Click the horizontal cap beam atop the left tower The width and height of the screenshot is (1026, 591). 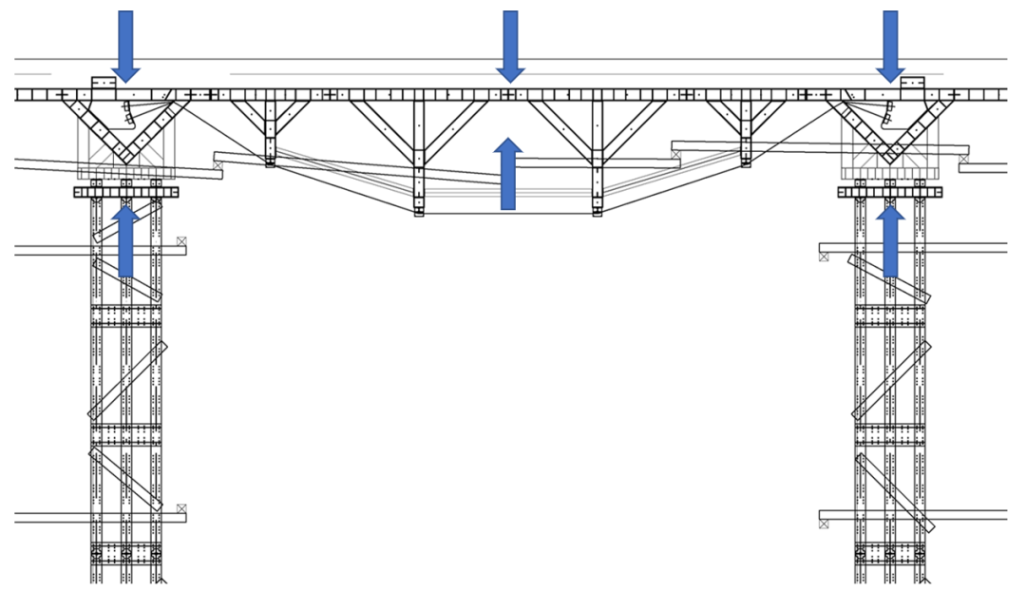point(125,192)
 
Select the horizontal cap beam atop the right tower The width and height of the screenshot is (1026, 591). point(890,192)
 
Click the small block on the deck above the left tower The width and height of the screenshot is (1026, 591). point(103,84)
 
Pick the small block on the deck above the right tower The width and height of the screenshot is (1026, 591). point(913,84)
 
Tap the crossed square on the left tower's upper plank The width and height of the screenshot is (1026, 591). point(181,242)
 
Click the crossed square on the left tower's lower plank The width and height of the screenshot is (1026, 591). point(181,509)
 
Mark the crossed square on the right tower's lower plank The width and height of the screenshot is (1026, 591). point(824,524)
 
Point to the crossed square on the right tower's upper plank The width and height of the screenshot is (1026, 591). point(824,257)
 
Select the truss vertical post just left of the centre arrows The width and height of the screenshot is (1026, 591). point(419,157)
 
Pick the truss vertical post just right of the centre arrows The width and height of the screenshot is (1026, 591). point(597,157)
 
